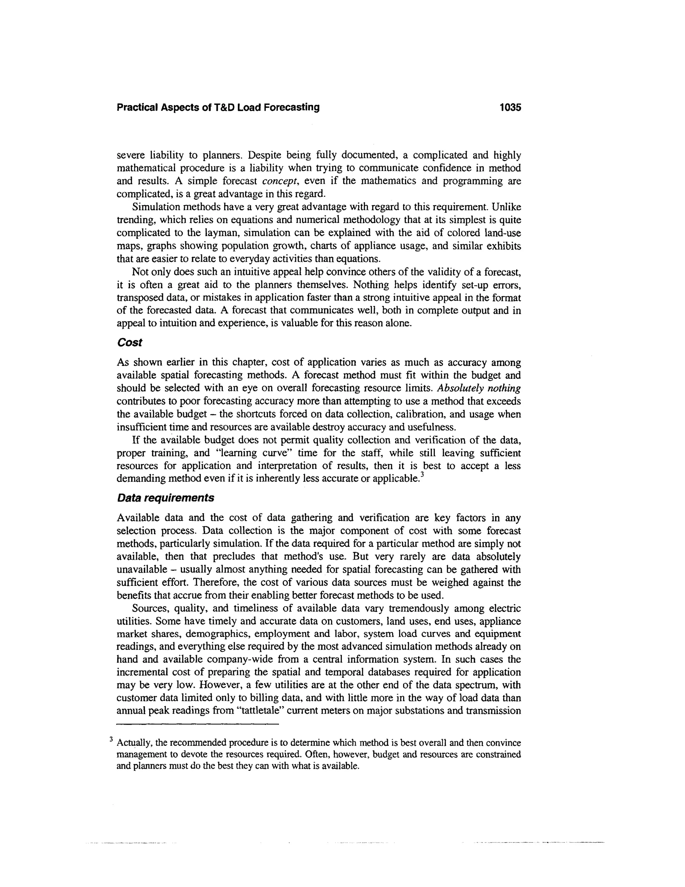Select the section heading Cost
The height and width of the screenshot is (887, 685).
(x=129, y=342)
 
